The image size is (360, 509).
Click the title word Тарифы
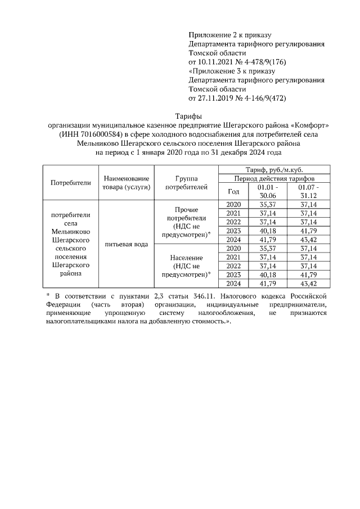179,116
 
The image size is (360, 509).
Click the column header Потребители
70,183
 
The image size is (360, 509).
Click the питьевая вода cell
126,245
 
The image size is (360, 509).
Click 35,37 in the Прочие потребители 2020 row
267,204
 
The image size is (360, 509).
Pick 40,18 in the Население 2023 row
267,274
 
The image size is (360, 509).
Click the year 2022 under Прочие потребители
233,222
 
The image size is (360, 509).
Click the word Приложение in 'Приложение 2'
209,34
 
